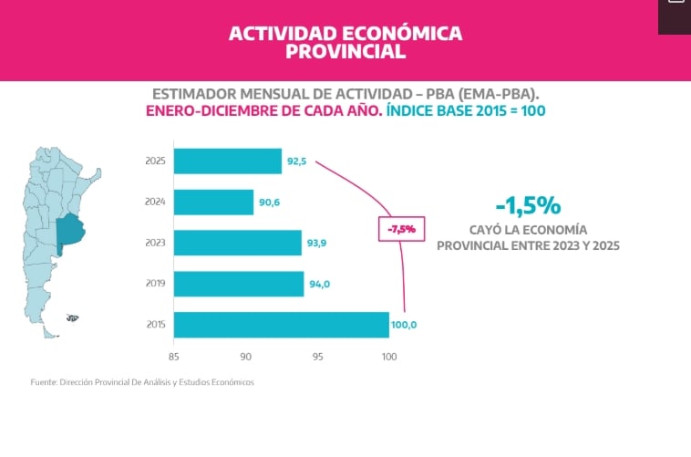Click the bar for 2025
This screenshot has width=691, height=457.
(227, 161)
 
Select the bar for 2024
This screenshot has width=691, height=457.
(213, 203)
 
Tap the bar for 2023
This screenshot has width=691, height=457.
(237, 243)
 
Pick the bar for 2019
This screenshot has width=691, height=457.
(238, 284)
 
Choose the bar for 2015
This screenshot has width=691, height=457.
(281, 325)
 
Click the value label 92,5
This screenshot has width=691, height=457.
(297, 161)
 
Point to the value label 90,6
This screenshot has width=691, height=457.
(269, 203)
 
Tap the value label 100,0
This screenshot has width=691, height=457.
(406, 325)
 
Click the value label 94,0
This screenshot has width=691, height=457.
(320, 284)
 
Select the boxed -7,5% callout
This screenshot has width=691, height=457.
(401, 229)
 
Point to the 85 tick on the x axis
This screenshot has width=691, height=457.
(173, 356)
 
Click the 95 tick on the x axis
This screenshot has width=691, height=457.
(317, 356)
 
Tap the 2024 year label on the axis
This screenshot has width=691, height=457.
(155, 203)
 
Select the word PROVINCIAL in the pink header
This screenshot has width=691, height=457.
(345, 52)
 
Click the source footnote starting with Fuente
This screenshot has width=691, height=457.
(142, 381)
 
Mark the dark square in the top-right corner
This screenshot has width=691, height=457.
(674, 16)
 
